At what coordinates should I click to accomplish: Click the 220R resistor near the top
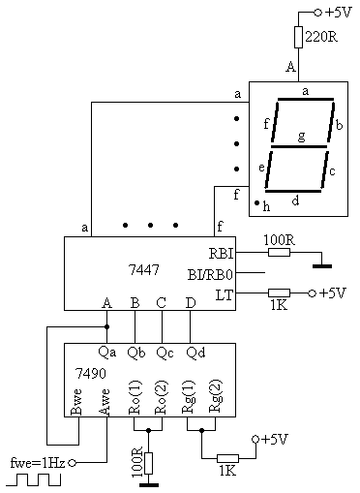(298, 38)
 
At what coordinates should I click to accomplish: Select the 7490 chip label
(91, 373)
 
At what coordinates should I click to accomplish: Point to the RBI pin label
(221, 254)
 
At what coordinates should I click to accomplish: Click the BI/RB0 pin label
(210, 275)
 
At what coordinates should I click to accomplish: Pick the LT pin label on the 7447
(225, 294)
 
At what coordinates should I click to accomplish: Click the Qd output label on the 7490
(195, 353)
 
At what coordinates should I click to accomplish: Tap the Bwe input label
(76, 402)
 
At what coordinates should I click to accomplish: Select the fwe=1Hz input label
(38, 463)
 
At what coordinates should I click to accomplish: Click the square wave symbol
(34, 479)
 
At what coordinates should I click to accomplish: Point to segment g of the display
(299, 146)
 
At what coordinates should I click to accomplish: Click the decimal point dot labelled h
(257, 202)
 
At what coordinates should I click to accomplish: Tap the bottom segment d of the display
(293, 191)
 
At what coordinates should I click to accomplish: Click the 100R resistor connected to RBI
(279, 253)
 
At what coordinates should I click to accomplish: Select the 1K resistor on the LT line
(279, 293)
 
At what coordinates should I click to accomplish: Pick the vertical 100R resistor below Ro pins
(148, 463)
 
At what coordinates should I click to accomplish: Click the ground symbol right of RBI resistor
(322, 266)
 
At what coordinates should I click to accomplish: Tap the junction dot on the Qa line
(107, 327)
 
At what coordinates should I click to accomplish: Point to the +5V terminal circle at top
(317, 13)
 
